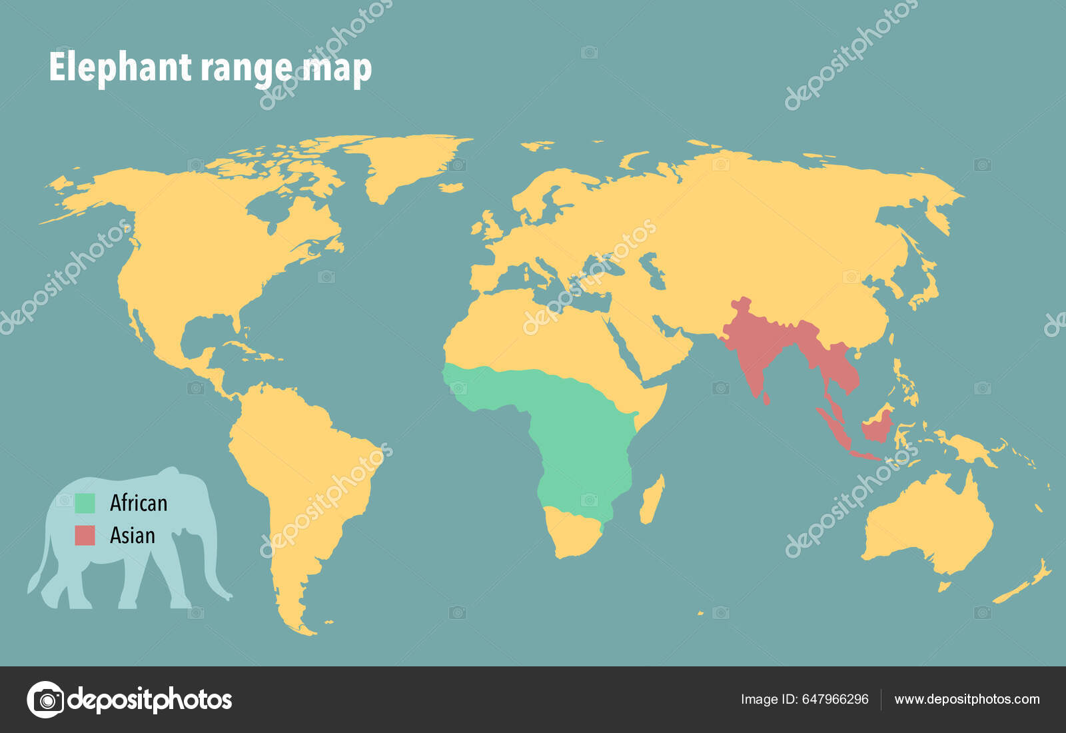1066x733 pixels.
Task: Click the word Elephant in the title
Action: point(120,67)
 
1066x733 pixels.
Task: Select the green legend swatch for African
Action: point(85,503)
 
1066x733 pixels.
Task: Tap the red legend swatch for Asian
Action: point(85,535)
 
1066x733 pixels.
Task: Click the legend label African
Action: point(139,503)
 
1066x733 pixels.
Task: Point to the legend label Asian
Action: point(133,535)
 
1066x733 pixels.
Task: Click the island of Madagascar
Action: point(652,500)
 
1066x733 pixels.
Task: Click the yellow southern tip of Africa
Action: point(573,533)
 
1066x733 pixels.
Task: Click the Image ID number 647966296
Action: point(835,699)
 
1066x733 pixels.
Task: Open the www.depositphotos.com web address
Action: point(967,699)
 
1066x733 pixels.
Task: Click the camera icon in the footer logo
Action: point(46,700)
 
